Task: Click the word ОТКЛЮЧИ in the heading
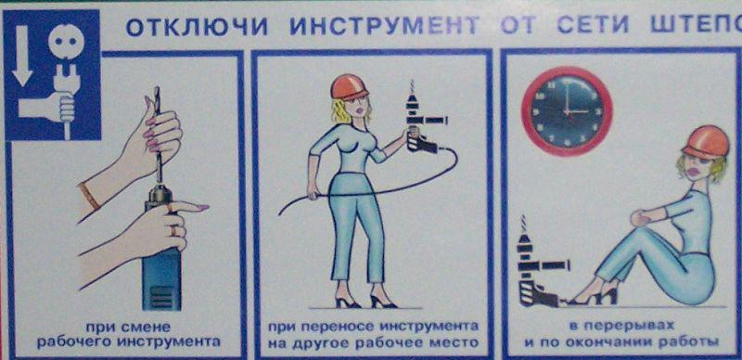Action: (x=197, y=27)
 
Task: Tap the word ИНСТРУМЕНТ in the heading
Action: (x=385, y=27)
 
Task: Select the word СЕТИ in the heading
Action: (x=593, y=26)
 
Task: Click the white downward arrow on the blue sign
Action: (x=21, y=56)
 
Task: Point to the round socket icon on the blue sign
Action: (x=66, y=42)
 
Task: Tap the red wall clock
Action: (x=567, y=111)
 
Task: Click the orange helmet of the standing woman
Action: (x=350, y=86)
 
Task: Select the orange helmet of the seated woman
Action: (x=706, y=141)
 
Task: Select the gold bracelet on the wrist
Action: (x=89, y=196)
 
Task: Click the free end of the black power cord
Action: (x=280, y=214)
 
